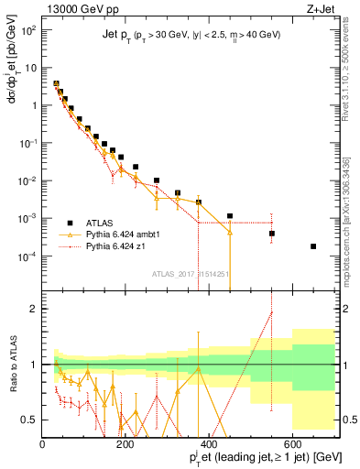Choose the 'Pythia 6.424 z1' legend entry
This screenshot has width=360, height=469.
click(x=119, y=246)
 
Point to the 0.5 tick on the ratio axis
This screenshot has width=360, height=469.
click(x=31, y=420)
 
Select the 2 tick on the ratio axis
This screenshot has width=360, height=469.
click(x=35, y=309)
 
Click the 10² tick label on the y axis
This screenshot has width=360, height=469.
click(x=27, y=29)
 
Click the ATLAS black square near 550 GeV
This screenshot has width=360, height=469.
click(x=272, y=234)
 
